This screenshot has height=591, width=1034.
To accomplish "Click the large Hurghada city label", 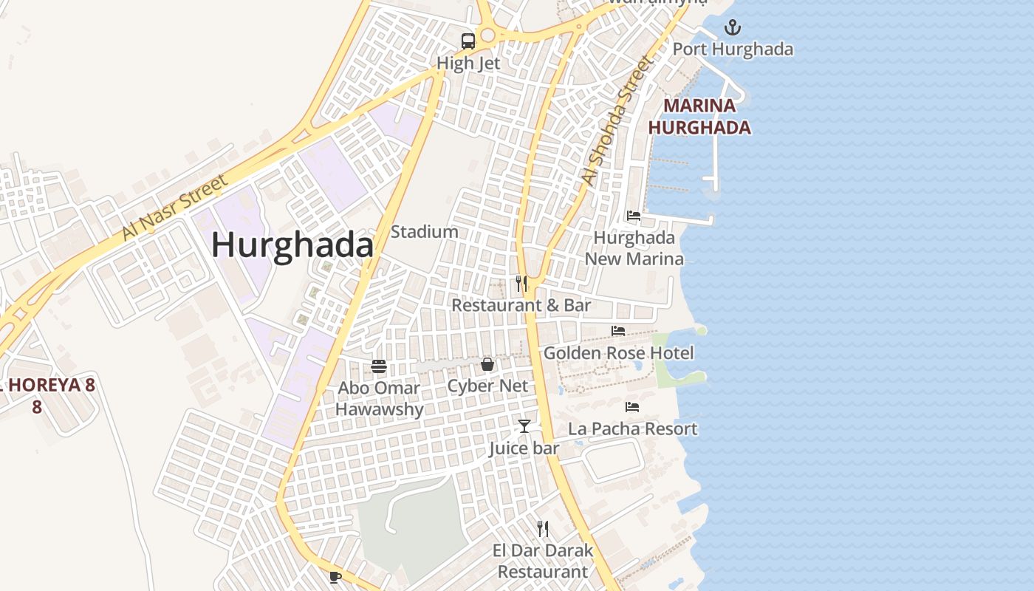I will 292,245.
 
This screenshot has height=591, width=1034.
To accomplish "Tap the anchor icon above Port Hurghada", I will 732,28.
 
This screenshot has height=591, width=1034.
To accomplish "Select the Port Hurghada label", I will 733,49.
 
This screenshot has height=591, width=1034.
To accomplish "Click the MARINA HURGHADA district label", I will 699,117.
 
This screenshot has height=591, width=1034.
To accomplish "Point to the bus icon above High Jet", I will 468,41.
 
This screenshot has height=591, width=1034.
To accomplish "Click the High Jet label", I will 468,64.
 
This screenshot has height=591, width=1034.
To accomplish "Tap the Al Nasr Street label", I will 174,208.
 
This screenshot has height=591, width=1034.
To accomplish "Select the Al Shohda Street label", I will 617,120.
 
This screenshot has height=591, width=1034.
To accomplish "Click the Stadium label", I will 424,232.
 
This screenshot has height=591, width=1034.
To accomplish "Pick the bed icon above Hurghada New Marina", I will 634,216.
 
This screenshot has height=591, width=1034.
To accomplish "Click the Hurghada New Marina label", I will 634,248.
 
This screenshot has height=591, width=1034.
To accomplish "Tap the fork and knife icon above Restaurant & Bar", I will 521,283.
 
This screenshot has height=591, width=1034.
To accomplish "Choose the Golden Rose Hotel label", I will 619,353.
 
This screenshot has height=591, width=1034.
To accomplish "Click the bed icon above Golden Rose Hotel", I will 618,331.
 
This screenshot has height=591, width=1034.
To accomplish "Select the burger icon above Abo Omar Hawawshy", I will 379,366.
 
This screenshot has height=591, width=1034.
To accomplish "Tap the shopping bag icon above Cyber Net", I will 487,363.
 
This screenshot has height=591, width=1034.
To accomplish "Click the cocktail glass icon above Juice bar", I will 524,426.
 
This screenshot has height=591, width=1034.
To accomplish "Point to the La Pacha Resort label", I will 632,428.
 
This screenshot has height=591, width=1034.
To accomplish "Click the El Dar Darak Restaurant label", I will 543,561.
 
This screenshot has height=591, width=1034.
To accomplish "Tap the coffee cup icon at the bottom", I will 335,576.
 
